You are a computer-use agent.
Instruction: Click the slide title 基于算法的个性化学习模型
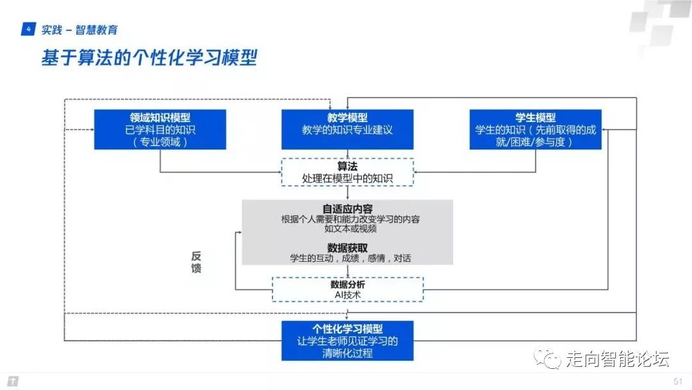click(x=149, y=58)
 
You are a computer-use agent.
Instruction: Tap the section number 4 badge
click(x=28, y=30)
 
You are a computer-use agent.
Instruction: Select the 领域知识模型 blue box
click(x=160, y=130)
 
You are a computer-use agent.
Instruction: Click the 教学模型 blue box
click(x=347, y=130)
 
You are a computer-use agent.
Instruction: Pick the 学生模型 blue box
click(x=535, y=130)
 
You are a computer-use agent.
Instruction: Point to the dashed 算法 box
click(x=347, y=172)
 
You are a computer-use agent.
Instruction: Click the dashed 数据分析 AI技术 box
click(x=347, y=289)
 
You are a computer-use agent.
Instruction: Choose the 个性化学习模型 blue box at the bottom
click(x=347, y=341)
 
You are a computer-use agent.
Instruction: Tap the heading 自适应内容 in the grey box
click(x=347, y=208)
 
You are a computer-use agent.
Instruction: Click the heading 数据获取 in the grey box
click(x=347, y=248)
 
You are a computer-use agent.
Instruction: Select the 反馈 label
click(x=196, y=262)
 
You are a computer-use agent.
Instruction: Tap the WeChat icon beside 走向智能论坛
click(x=549, y=359)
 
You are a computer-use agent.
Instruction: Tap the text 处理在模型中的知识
click(x=347, y=177)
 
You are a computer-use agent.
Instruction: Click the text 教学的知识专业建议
click(x=347, y=130)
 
